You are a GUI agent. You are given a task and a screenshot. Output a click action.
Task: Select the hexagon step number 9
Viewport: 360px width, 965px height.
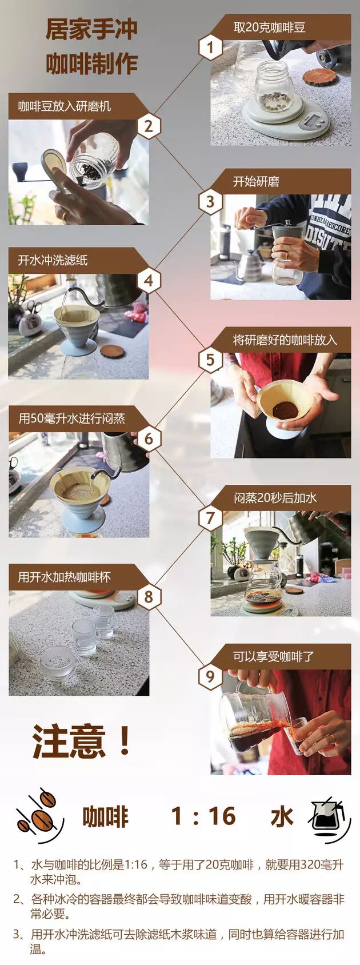210,676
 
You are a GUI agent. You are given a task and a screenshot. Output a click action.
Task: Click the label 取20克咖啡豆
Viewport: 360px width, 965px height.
270,27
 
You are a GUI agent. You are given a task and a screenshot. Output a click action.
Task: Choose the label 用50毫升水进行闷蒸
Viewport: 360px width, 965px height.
71,418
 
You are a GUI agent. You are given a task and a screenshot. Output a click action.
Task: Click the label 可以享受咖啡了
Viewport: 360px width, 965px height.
274,656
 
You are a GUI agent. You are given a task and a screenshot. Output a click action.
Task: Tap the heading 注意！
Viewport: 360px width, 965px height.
82,740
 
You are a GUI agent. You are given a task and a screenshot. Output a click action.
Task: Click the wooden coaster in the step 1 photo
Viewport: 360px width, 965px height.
319,76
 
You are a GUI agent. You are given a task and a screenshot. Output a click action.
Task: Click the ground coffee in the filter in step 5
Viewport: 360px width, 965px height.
285,409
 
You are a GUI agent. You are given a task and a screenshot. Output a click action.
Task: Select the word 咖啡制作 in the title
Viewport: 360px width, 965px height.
91,63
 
